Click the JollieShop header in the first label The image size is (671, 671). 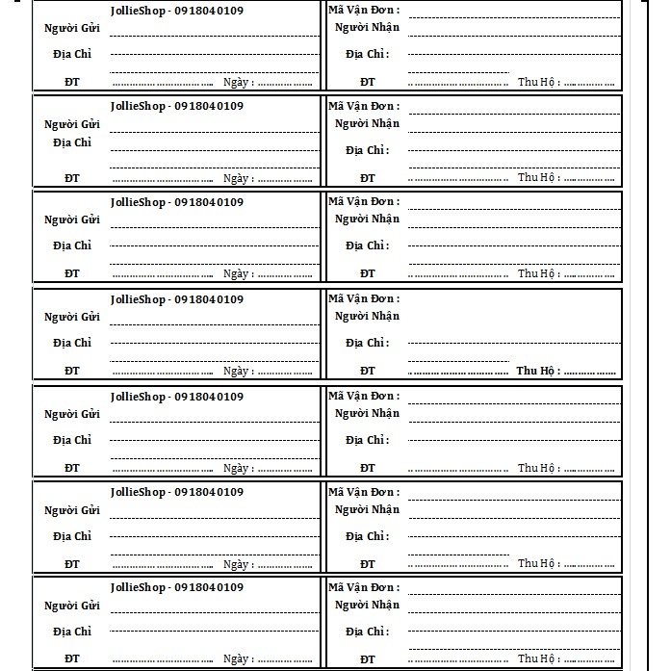pyautogui.click(x=176, y=11)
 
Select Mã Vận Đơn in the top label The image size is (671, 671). pyautogui.click(x=364, y=11)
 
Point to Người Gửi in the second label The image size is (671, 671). pyautogui.click(x=72, y=124)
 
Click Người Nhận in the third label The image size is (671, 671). pyautogui.click(x=367, y=219)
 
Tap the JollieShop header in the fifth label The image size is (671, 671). pyautogui.click(x=176, y=397)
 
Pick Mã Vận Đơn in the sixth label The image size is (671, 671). pyautogui.click(x=364, y=492)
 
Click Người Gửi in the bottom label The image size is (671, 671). pyautogui.click(x=72, y=606)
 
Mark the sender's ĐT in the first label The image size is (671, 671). pyautogui.click(x=72, y=83)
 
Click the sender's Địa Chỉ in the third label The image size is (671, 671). pyautogui.click(x=72, y=246)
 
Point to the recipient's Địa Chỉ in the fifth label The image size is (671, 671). pyautogui.click(x=368, y=441)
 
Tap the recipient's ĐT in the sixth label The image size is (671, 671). pyautogui.click(x=368, y=564)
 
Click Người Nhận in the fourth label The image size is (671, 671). pyautogui.click(x=367, y=317)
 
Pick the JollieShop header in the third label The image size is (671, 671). pyautogui.click(x=176, y=202)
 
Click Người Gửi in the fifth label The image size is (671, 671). pyautogui.click(x=72, y=415)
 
